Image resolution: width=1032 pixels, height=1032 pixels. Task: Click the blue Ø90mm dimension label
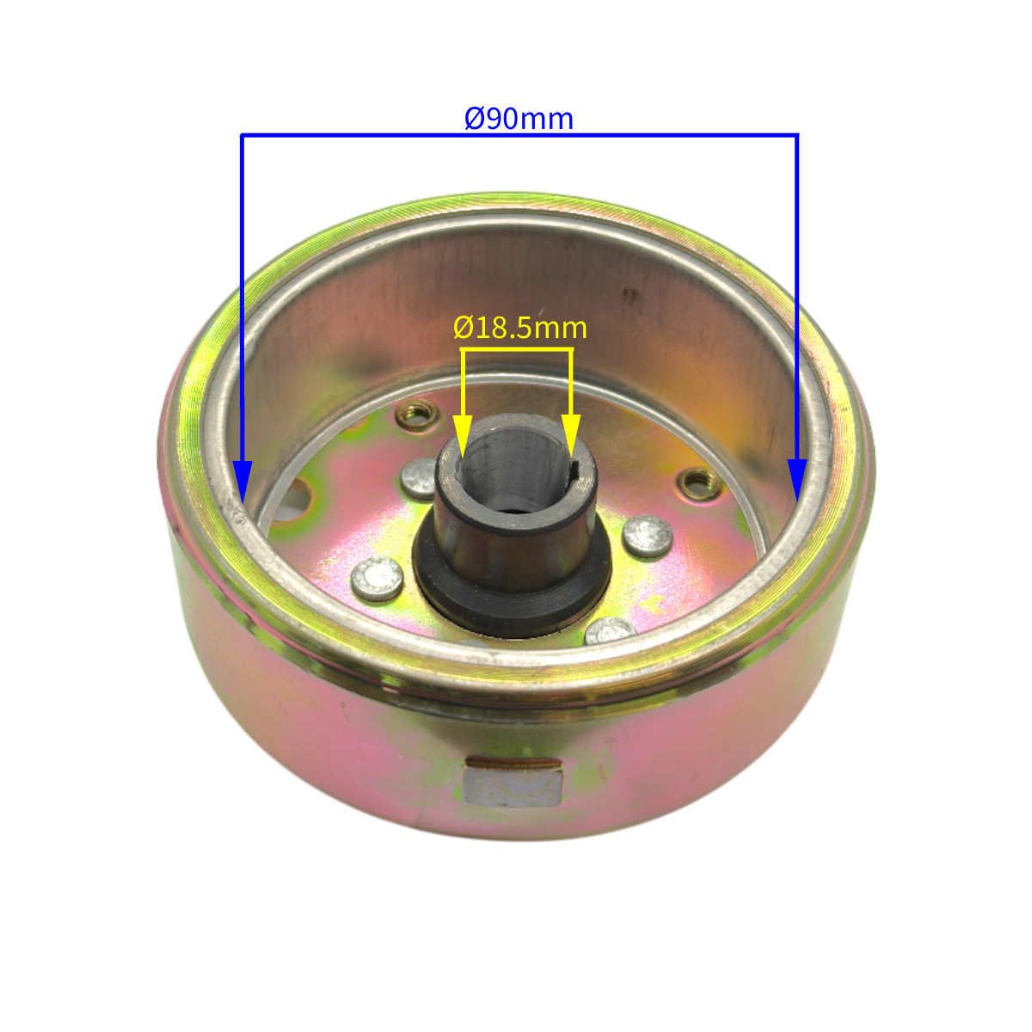(519, 119)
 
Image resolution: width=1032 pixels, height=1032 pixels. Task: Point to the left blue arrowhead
(243, 481)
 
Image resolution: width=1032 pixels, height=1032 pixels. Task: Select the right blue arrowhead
(798, 481)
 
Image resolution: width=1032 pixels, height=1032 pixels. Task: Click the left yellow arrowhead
(463, 435)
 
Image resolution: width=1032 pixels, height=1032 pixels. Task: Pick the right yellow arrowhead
(571, 435)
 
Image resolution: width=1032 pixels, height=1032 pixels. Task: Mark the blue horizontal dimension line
(519, 136)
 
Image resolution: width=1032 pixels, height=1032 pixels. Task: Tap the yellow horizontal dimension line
(517, 350)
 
